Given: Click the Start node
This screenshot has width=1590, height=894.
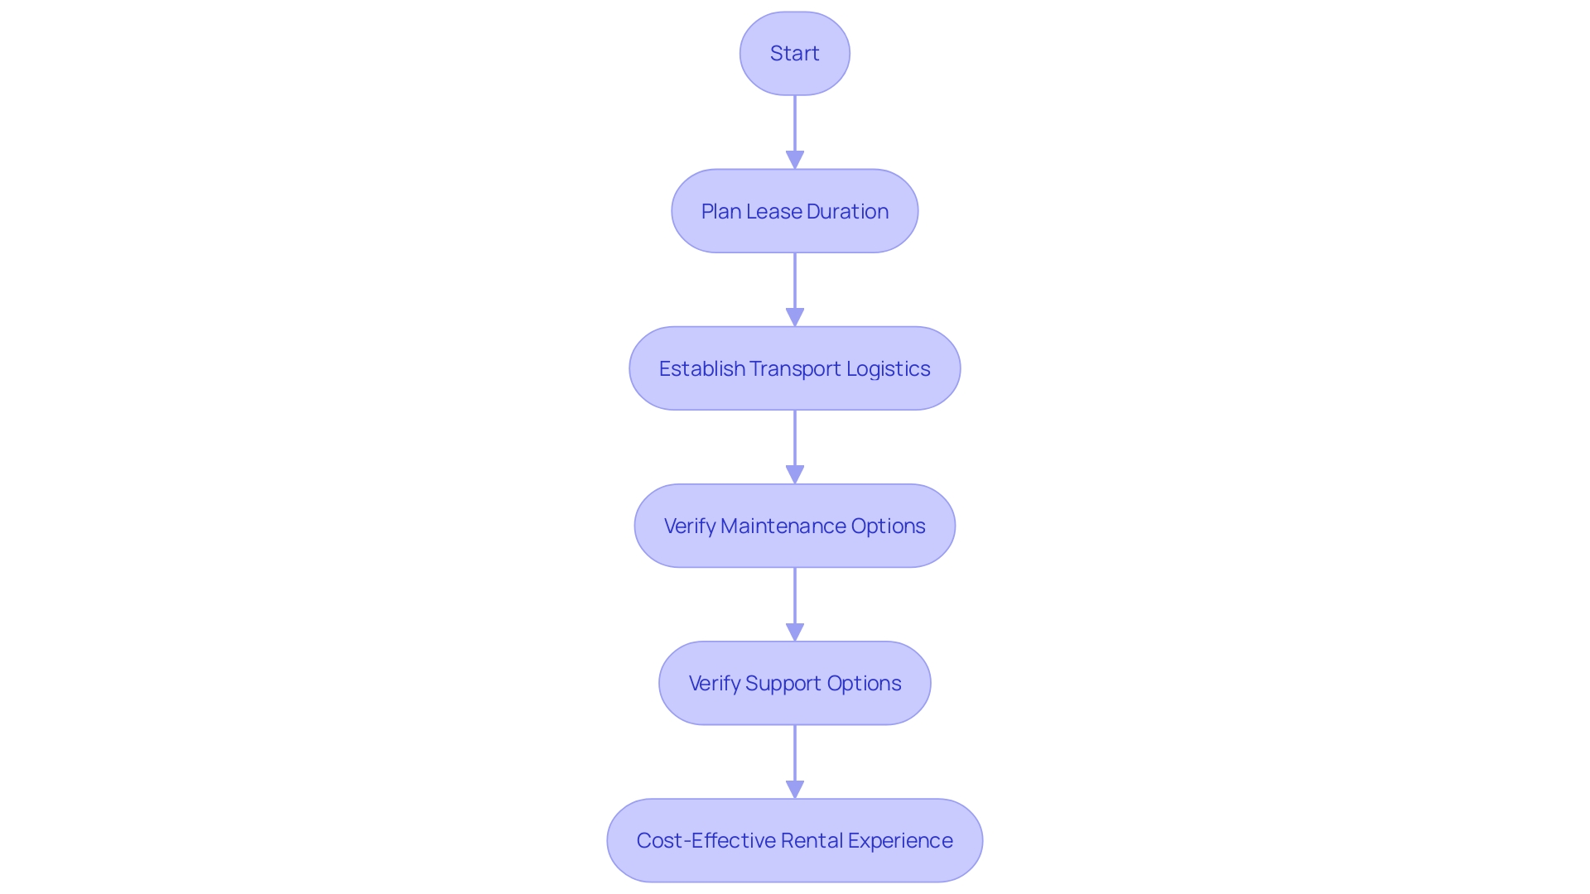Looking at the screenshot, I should (x=794, y=53).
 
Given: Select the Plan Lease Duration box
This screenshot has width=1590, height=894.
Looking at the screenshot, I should (x=794, y=211).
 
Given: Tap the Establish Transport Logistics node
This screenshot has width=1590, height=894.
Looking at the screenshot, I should (x=794, y=368).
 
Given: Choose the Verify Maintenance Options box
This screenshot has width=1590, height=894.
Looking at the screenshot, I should (x=794, y=526).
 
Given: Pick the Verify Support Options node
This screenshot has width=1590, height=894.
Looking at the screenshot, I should (x=794, y=683).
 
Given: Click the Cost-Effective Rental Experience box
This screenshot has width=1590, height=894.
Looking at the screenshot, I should (x=794, y=840).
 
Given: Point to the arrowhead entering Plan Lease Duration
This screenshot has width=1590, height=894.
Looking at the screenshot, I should (x=795, y=160).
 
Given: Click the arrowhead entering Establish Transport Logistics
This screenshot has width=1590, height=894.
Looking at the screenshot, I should (x=795, y=317).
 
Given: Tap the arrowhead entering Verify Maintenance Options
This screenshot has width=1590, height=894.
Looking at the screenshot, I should (x=795, y=474).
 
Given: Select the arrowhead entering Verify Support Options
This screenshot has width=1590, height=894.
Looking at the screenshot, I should (x=795, y=632).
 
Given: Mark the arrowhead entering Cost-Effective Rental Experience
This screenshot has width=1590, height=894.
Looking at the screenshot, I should (x=795, y=789).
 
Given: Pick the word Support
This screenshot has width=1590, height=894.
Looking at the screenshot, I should (x=783, y=684).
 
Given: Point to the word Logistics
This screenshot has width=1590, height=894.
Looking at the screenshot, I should (x=888, y=369).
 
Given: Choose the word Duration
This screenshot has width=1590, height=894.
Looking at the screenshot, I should (x=847, y=212).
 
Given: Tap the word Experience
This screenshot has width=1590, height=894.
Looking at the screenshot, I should (x=900, y=841).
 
